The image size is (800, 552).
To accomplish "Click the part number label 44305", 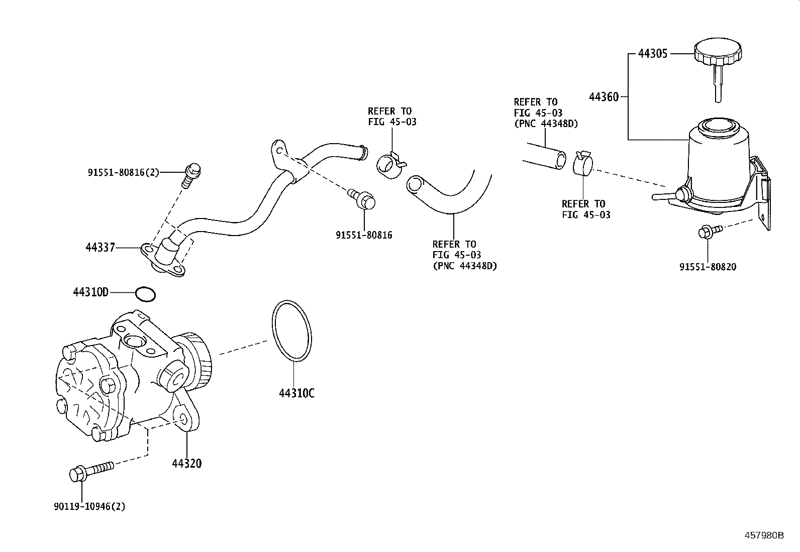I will pyautogui.click(x=653, y=53).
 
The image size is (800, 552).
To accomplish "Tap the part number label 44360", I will pyautogui.click(x=604, y=96).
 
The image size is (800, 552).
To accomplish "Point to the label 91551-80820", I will pyautogui.click(x=708, y=267).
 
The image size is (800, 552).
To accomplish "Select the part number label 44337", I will pyautogui.click(x=100, y=248).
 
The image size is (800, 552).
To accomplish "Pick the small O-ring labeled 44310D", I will pyautogui.click(x=146, y=294).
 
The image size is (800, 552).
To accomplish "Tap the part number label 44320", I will pyautogui.click(x=186, y=463).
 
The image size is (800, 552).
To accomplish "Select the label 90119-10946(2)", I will pyautogui.click(x=89, y=506).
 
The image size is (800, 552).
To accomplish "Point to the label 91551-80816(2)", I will pyautogui.click(x=123, y=173).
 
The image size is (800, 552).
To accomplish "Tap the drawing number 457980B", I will pyautogui.click(x=764, y=535).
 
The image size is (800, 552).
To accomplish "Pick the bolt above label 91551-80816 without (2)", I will pyautogui.click(x=363, y=199).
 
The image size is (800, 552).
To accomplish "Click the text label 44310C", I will pyautogui.click(x=296, y=393).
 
